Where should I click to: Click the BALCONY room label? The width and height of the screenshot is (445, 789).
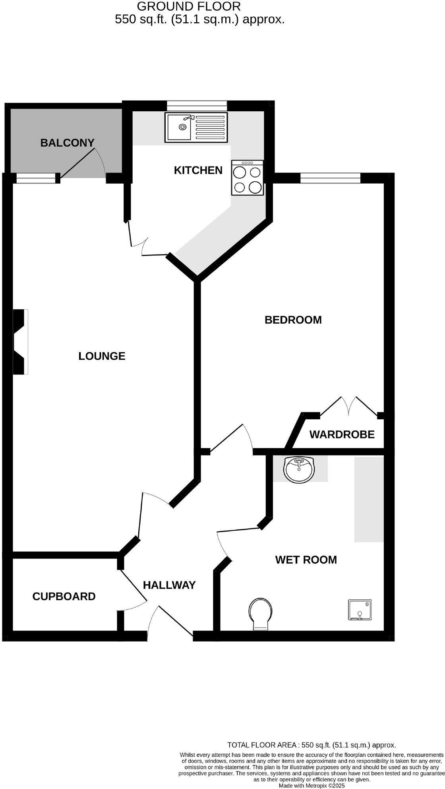click(67, 143)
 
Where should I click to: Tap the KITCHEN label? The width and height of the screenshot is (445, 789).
click(198, 170)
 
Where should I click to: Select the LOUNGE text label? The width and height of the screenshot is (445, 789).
click(102, 356)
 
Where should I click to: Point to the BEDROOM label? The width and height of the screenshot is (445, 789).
click(293, 320)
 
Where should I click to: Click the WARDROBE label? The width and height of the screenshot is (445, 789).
click(342, 434)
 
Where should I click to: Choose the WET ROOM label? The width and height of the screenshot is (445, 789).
click(306, 560)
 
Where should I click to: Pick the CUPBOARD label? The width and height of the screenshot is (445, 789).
click(64, 596)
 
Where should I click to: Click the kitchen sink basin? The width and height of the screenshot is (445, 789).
click(180, 127)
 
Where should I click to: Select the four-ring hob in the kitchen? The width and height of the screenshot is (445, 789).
click(247, 178)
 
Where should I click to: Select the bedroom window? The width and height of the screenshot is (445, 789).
click(330, 178)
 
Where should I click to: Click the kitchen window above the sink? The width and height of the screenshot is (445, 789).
click(197, 105)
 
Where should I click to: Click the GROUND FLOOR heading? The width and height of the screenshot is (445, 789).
click(188, 6)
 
